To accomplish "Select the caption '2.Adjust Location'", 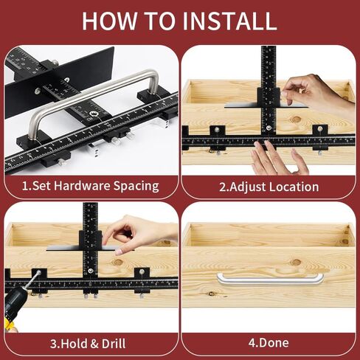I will (x=269, y=187).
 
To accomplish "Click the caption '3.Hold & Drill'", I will (x=88, y=343).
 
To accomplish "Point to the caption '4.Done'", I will (x=269, y=343).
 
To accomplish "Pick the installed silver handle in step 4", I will (x=270, y=279).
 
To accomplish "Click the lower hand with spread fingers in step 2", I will (x=277, y=159).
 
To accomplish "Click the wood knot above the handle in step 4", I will (x=296, y=261).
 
